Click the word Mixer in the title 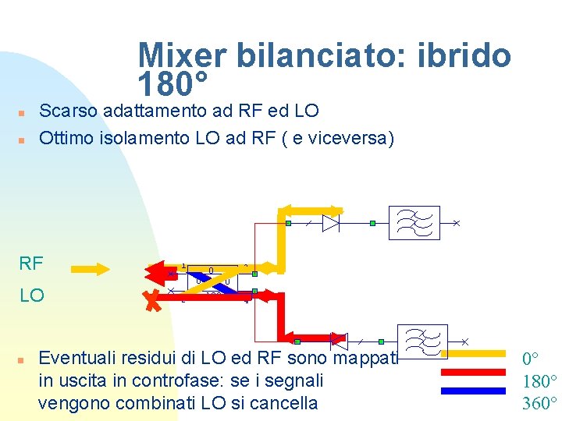click(x=181, y=55)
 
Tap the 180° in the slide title click(x=173, y=81)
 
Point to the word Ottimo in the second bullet click(x=69, y=138)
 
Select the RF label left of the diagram click(x=31, y=264)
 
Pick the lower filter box click(x=422, y=341)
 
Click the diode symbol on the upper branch click(x=331, y=223)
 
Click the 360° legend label click(x=539, y=403)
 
